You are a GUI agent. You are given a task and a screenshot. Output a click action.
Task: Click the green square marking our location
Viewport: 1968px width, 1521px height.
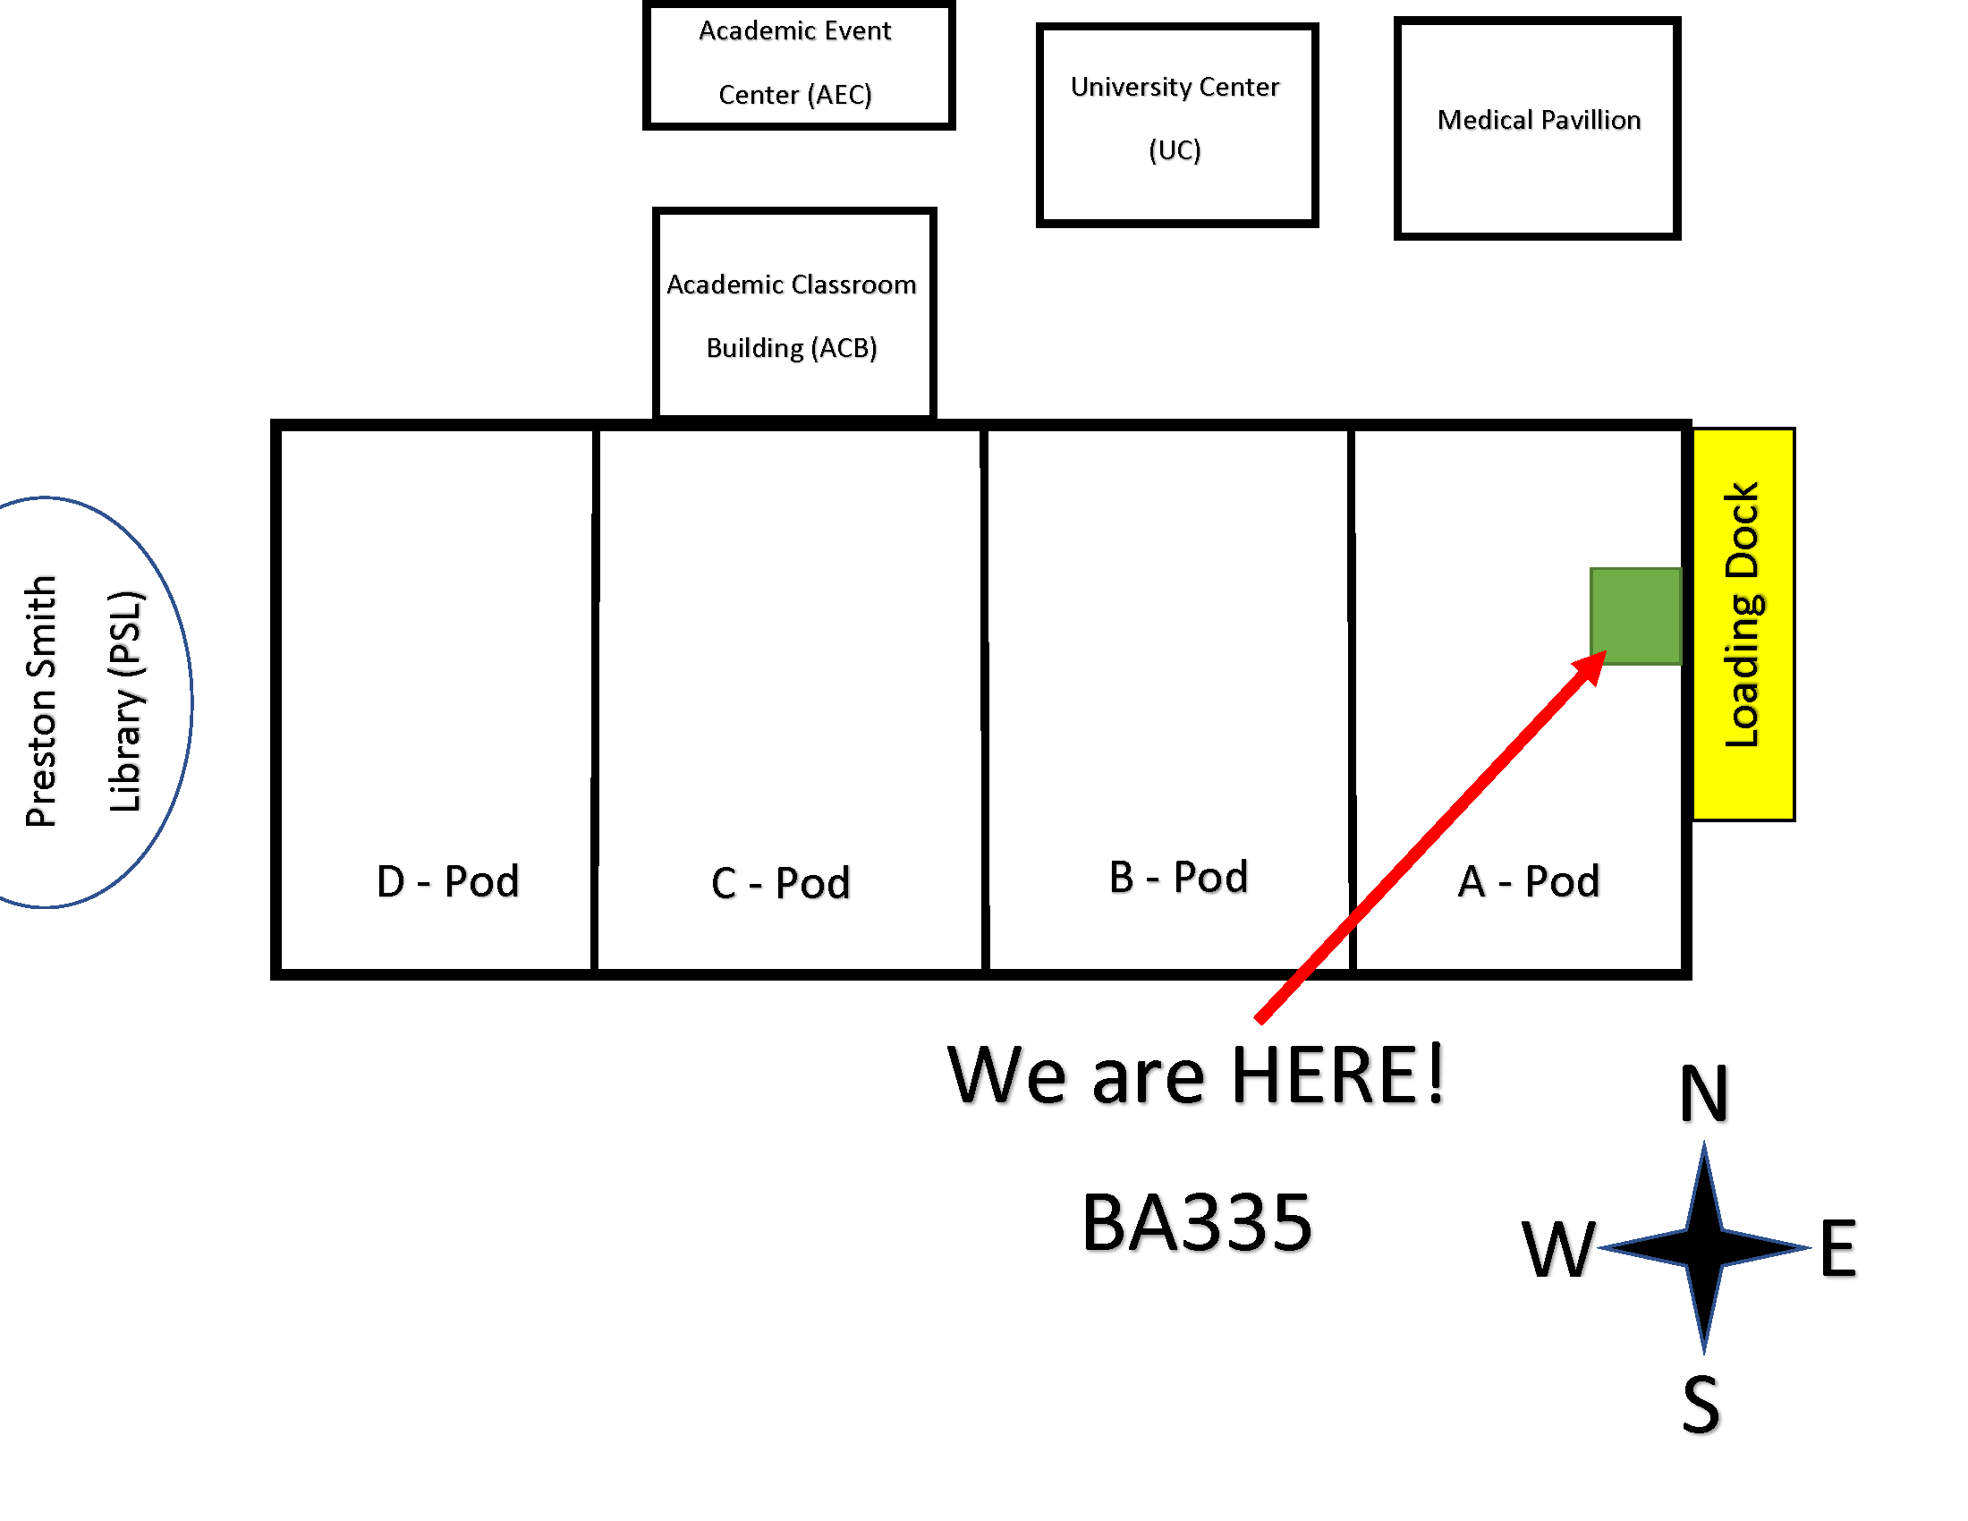coord(1635,616)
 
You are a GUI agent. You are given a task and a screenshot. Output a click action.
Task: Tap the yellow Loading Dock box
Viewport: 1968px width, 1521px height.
coord(1743,625)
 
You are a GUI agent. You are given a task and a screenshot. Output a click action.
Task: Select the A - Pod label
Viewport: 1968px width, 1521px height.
coord(1528,881)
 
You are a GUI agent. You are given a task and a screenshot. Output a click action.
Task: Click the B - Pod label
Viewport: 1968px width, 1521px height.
coord(1179,877)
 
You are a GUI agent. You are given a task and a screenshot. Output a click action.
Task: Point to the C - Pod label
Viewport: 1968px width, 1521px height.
coord(780,883)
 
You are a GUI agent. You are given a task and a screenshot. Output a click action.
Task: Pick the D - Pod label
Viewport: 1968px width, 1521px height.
coord(448,881)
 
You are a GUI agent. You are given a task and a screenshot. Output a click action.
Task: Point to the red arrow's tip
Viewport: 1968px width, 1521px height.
coord(1607,650)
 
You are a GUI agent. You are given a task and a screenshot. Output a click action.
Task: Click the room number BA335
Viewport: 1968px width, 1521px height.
coord(1197,1223)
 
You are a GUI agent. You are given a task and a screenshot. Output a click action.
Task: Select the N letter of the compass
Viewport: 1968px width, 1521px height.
coord(1704,1093)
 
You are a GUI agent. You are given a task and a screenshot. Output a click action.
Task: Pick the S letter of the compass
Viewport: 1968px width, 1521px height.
coord(1701,1404)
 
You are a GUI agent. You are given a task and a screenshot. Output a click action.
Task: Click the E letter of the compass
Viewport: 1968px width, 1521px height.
coord(1838,1248)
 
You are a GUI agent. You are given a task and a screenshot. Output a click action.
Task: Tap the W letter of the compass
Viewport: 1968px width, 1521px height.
coord(1559,1250)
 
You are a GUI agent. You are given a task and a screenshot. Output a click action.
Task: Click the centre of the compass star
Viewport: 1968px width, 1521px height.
coord(1704,1248)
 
